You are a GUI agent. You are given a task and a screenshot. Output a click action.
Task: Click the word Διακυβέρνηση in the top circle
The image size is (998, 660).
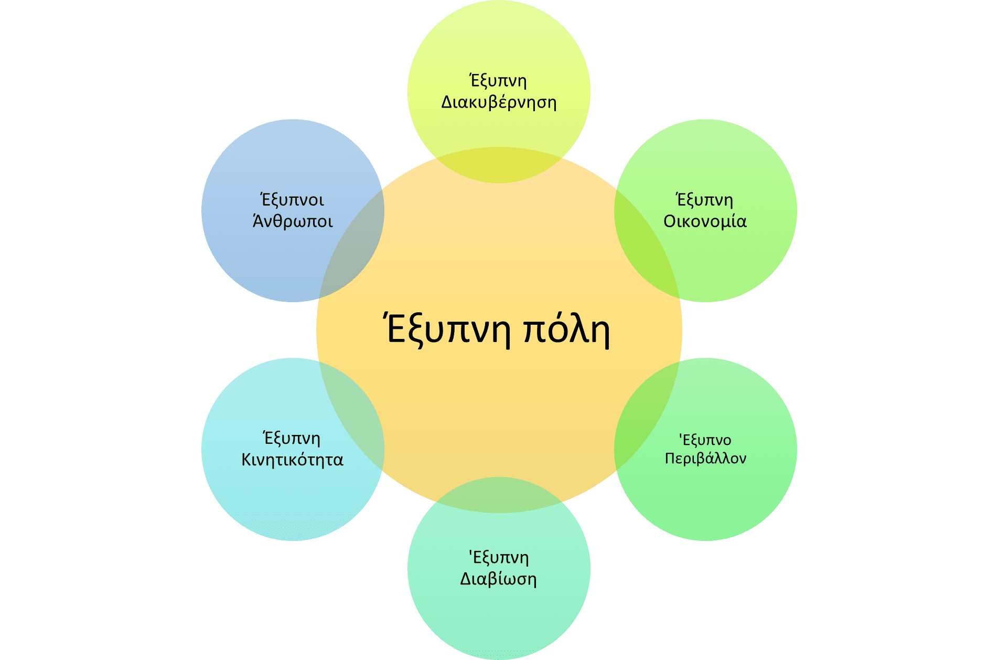click(x=499, y=102)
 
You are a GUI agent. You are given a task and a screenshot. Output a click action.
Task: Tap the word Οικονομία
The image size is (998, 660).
click(x=705, y=221)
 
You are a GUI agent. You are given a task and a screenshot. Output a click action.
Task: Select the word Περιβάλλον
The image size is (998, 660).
click(x=705, y=459)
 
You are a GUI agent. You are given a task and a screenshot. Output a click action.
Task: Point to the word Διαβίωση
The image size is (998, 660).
click(x=499, y=579)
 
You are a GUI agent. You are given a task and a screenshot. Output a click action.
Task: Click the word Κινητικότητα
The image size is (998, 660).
click(x=293, y=460)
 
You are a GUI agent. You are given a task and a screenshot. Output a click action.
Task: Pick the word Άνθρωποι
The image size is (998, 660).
click(x=293, y=221)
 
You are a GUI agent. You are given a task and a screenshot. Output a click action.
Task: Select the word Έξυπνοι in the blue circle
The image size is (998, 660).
click(x=293, y=200)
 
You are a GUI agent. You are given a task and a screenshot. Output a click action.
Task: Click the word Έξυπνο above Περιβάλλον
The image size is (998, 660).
click(x=705, y=440)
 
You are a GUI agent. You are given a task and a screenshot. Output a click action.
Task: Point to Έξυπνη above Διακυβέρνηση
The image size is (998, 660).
click(x=498, y=81)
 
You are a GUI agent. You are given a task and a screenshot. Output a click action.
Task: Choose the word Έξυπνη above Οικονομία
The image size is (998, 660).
click(x=705, y=200)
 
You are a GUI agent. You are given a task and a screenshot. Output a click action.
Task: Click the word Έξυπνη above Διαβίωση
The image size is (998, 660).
click(x=499, y=558)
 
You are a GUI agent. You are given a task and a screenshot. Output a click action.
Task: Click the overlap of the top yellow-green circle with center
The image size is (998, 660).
click(x=499, y=165)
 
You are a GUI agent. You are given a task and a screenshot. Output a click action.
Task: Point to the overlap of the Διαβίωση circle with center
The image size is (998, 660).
click(x=499, y=495)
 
